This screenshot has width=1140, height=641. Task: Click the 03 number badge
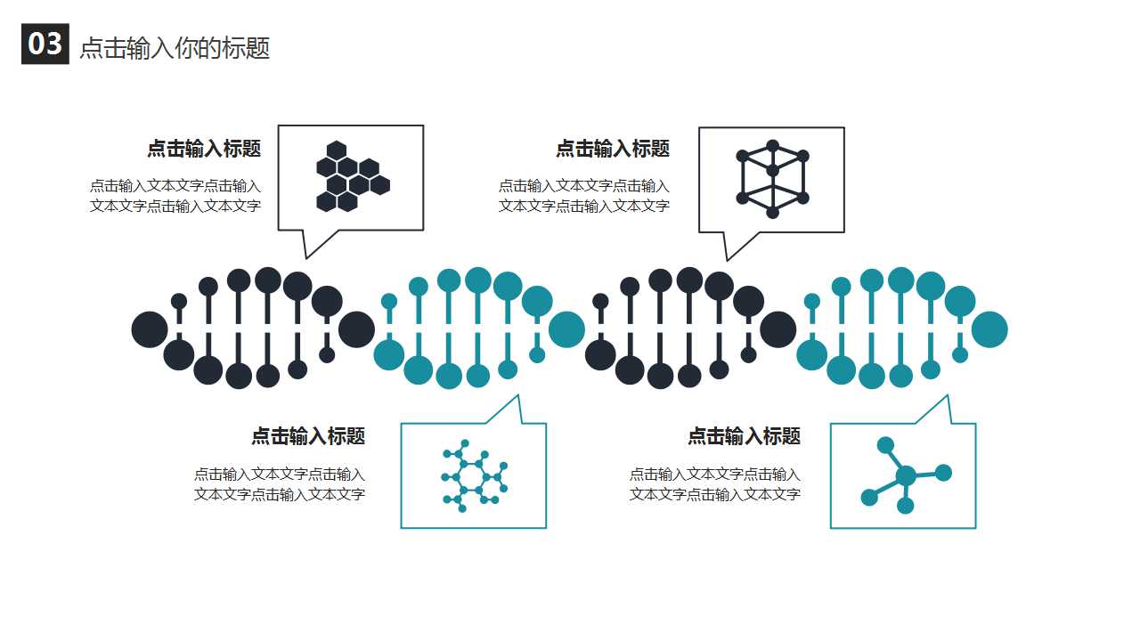tap(45, 44)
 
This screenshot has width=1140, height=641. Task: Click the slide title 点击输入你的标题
tap(175, 48)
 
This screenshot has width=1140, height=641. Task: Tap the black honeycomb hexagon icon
tap(354, 176)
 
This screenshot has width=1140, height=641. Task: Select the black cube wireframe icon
tap(772, 179)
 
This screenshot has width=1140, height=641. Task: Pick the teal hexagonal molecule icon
tap(475, 475)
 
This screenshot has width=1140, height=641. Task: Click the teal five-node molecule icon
tap(906, 475)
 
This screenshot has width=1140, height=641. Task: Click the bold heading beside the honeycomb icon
tap(204, 149)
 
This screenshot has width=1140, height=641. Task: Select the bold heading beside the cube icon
tap(613, 149)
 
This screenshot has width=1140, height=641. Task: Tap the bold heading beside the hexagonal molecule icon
tap(308, 436)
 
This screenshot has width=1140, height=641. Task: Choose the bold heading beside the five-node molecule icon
tap(744, 436)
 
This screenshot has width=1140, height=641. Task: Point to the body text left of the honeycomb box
tap(175, 196)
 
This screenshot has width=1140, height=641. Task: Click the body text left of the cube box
tap(584, 196)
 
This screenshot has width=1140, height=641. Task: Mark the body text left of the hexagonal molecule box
tap(280, 484)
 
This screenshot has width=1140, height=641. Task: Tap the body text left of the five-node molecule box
tap(715, 484)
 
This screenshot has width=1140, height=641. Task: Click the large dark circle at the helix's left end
tap(150, 329)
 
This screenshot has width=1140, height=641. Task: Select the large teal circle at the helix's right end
tap(989, 329)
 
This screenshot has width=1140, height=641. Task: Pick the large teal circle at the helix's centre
tap(567, 329)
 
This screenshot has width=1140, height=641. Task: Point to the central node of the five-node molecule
tap(906, 476)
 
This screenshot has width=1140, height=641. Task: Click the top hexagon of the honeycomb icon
tap(337, 150)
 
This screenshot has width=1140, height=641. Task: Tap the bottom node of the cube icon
tap(772, 212)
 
